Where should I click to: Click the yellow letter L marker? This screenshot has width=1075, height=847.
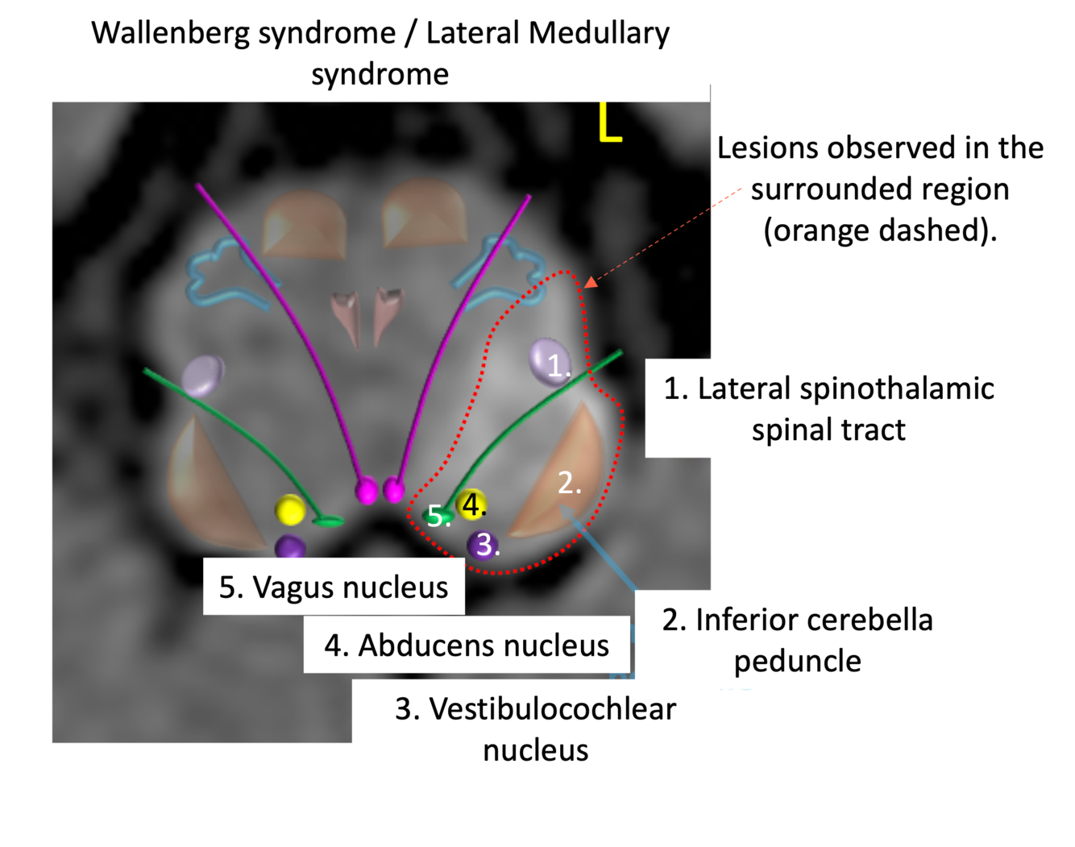pyautogui.click(x=609, y=122)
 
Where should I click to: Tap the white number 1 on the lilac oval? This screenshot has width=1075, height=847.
pyautogui.click(x=557, y=366)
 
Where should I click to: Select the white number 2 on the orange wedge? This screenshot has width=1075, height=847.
pyautogui.click(x=569, y=483)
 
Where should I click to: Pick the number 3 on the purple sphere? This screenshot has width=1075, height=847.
pyautogui.click(x=484, y=545)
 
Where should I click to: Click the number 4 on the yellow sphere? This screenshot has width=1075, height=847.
pyautogui.click(x=473, y=504)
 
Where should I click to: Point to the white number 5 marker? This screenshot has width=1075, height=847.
pyautogui.click(x=437, y=516)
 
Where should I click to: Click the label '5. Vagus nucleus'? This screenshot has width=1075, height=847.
pyautogui.click(x=334, y=588)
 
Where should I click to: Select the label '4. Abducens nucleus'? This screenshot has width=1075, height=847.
pyautogui.click(x=467, y=646)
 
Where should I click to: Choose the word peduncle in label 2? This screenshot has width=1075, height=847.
pyautogui.click(x=797, y=662)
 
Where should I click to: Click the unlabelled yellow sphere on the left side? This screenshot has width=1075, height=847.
pyautogui.click(x=289, y=510)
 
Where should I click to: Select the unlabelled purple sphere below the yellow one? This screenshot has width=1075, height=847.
pyautogui.click(x=289, y=548)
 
